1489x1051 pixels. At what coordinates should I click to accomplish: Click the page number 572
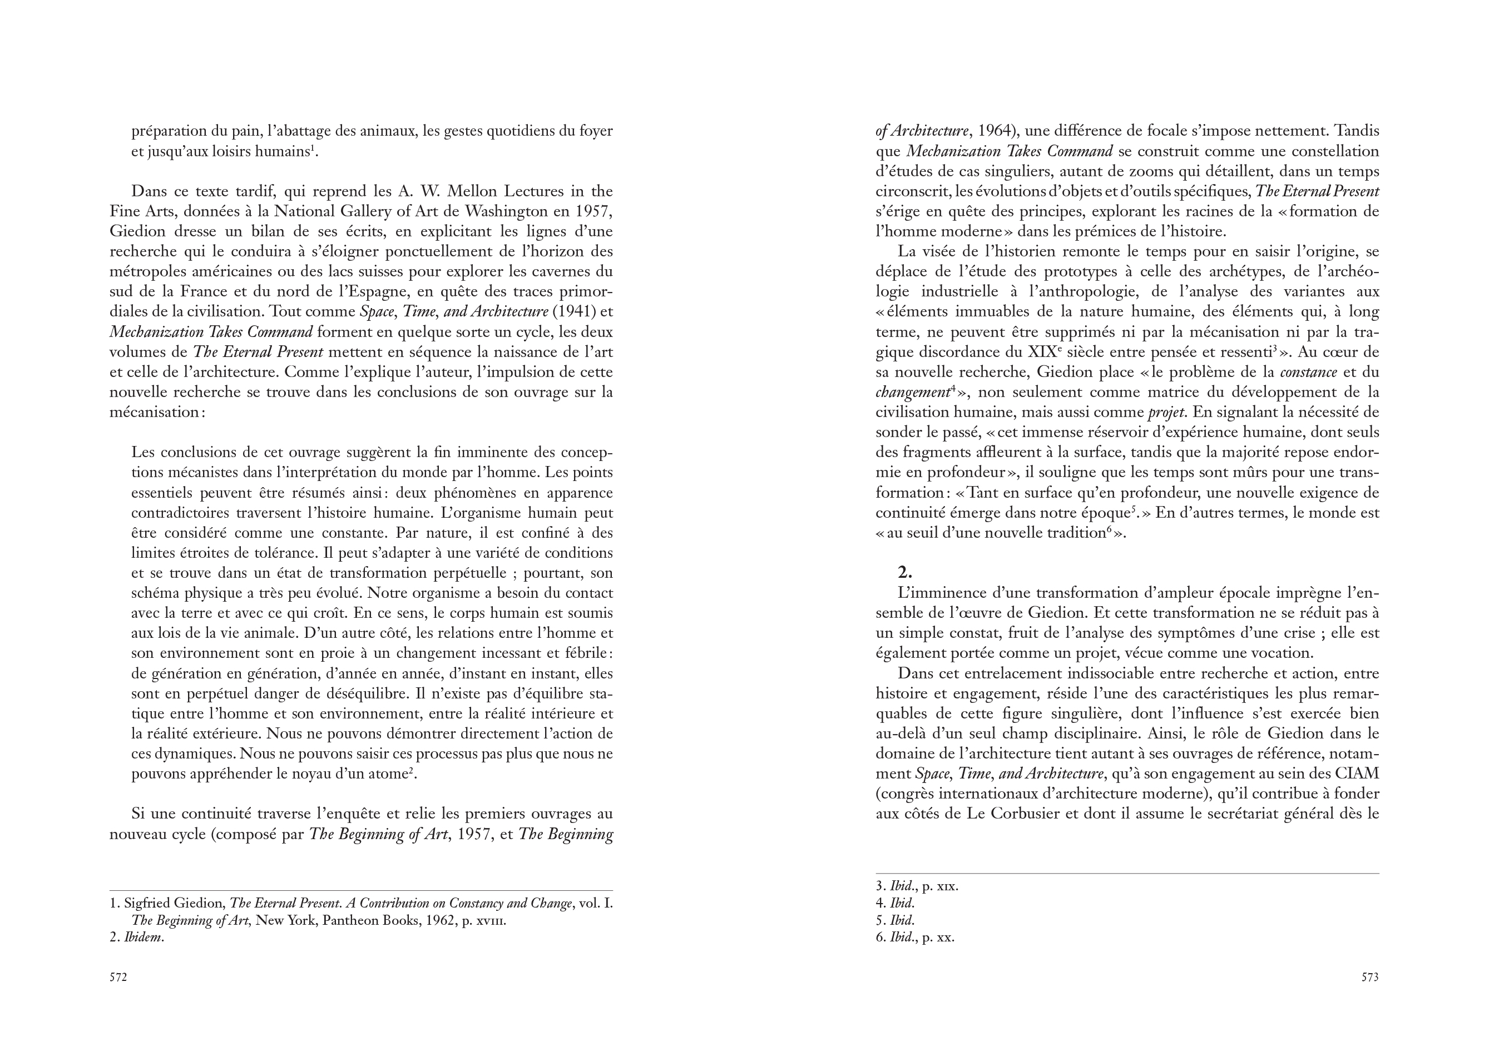[118, 977]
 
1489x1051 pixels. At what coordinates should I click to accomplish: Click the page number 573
[1369, 977]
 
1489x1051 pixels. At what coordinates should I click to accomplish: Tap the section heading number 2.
[904, 572]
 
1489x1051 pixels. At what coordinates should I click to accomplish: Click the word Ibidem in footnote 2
[143, 938]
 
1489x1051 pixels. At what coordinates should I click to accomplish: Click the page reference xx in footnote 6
[947, 938]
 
